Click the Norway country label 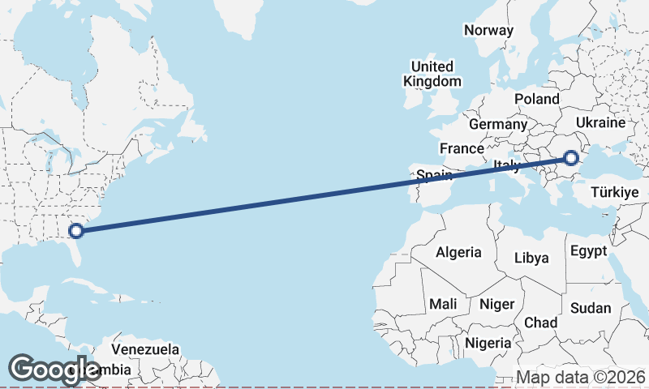(x=489, y=30)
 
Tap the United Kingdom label (x=432, y=74)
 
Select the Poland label (x=536, y=99)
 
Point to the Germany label (x=498, y=125)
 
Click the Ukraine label (x=600, y=123)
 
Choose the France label (x=462, y=149)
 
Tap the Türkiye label (x=615, y=192)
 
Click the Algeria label (x=458, y=252)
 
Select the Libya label (x=532, y=259)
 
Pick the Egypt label (x=588, y=250)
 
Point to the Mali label (x=443, y=304)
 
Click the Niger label (x=497, y=304)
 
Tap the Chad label (x=540, y=323)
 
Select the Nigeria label (x=488, y=343)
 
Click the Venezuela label (x=144, y=349)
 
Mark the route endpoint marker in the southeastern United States (x=76, y=231)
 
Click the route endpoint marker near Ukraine (x=570, y=159)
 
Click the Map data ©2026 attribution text (x=581, y=378)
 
